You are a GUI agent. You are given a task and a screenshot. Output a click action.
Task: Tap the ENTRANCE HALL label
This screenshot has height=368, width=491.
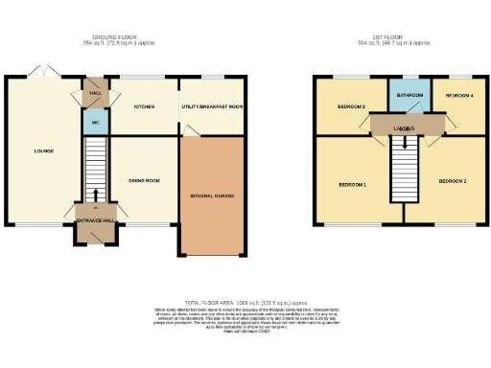click(96, 221)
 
